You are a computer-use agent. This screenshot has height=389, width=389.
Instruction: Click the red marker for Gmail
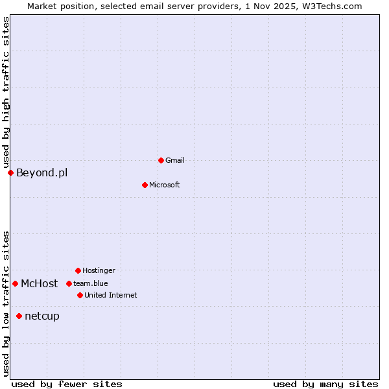161,160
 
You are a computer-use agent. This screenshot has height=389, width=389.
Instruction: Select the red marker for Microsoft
145,185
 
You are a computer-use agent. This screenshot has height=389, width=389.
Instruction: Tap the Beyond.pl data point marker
10,172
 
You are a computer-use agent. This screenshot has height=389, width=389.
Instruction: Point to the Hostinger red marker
78,270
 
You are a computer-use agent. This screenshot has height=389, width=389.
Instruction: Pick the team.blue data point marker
69,283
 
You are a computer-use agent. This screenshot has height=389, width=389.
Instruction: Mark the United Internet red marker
80,295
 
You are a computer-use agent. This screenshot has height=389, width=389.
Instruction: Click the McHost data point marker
15,283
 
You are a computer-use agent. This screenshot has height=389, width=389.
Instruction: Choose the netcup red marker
19,316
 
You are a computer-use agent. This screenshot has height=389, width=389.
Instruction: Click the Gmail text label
175,160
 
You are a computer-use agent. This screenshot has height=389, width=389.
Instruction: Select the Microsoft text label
164,185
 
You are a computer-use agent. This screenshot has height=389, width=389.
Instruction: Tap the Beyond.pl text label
41,172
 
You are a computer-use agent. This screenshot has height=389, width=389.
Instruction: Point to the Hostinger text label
99,270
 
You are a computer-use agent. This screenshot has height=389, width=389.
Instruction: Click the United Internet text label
110,295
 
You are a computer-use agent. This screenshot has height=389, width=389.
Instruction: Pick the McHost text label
39,283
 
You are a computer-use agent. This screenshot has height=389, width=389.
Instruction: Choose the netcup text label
41,316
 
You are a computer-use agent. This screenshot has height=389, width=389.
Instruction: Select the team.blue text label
90,283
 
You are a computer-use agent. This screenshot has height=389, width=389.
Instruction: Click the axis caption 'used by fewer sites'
67,384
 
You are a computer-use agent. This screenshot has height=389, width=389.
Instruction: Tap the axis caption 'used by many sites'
325,384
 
